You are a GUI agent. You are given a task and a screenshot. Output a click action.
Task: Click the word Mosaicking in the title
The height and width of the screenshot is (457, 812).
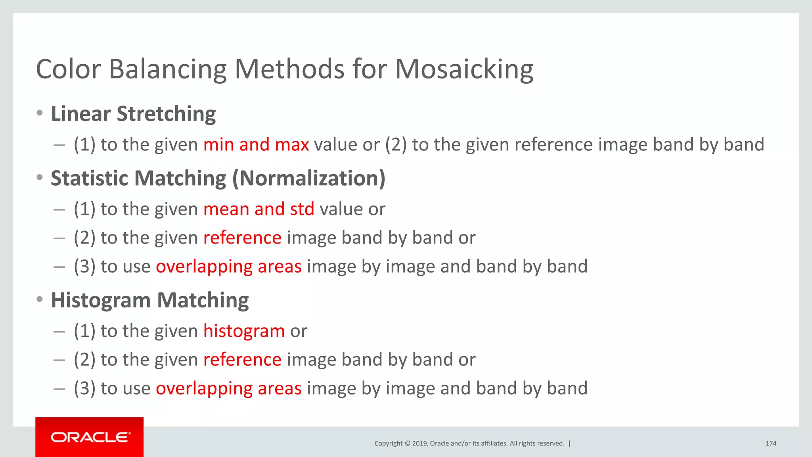coord(464,69)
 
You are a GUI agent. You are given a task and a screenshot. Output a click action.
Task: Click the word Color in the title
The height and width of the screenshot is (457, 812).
coord(68,69)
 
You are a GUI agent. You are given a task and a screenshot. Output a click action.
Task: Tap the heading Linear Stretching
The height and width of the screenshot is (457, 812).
coord(133,114)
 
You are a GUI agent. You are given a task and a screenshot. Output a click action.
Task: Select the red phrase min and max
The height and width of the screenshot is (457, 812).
coord(256,144)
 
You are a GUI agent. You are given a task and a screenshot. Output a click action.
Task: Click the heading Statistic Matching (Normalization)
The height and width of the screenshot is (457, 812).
coord(218,178)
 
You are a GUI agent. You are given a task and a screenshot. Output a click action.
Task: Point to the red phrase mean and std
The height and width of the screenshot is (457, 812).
coord(259,209)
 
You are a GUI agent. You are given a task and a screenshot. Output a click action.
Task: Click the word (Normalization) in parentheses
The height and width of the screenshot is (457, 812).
coord(308,178)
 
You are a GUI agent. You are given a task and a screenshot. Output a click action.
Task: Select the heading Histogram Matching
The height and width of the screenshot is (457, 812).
coord(150,300)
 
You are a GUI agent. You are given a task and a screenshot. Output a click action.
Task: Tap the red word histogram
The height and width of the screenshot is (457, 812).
coord(244,331)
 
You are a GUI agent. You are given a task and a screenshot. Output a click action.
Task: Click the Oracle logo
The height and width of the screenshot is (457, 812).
coord(90,437)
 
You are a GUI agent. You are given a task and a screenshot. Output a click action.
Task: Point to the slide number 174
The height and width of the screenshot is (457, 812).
coord(771,444)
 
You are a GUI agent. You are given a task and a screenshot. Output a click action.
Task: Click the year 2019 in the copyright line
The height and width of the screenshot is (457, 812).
coord(420,444)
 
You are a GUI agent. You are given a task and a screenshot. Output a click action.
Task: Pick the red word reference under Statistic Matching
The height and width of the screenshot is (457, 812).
coord(242,238)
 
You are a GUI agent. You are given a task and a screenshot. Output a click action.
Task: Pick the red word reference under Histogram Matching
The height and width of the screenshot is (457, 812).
coord(242,359)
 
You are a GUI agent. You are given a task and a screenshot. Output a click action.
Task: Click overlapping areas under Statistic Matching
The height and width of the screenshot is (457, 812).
coord(228,267)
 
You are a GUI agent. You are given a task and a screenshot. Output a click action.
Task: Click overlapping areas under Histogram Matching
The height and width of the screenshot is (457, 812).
coord(228,388)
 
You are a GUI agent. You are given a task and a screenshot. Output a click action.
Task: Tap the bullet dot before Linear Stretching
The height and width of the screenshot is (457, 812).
coord(39,113)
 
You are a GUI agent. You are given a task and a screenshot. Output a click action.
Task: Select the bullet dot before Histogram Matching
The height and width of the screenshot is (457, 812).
coord(39,299)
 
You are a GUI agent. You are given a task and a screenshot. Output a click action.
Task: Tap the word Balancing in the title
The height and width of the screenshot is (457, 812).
coord(167,69)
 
